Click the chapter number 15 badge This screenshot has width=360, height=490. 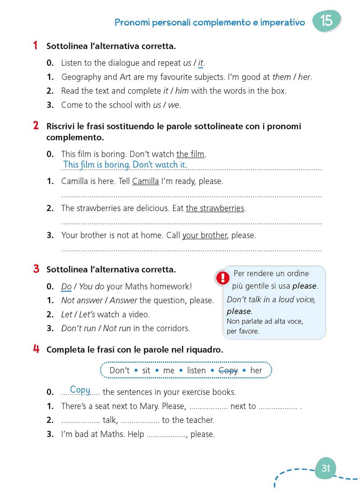326,21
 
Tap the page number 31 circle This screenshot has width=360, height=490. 325,468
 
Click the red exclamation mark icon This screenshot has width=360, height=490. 223,278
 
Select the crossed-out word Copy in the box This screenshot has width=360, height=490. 228,370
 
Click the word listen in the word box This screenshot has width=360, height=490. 196,370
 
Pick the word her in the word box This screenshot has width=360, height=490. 256,370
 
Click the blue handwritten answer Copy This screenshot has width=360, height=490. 80,389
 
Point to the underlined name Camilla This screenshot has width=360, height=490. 145,181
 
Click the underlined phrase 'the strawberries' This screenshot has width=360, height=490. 215,208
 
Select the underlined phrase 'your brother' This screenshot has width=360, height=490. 204,235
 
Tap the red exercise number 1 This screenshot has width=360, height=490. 35,45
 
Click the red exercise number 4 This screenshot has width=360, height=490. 36,349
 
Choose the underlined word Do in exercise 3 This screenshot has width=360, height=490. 66,286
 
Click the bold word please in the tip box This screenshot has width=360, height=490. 304,286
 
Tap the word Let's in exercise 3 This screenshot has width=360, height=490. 87,315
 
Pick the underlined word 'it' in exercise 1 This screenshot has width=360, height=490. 201,63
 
